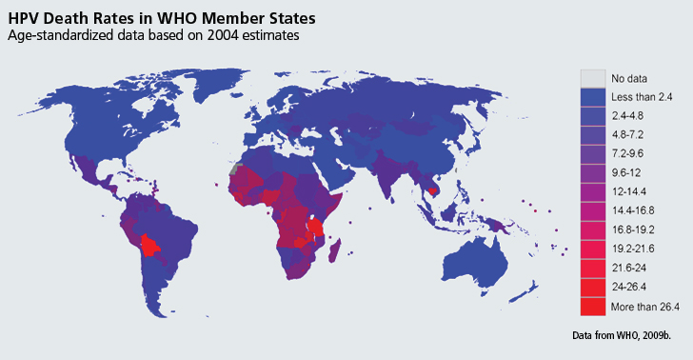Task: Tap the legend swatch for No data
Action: pos(593,78)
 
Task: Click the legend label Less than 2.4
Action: pos(643,97)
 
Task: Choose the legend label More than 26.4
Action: pos(644,306)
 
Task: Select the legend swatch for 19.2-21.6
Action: pos(593,249)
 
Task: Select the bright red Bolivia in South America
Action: pos(149,246)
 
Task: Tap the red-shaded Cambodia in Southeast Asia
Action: pos(434,190)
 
